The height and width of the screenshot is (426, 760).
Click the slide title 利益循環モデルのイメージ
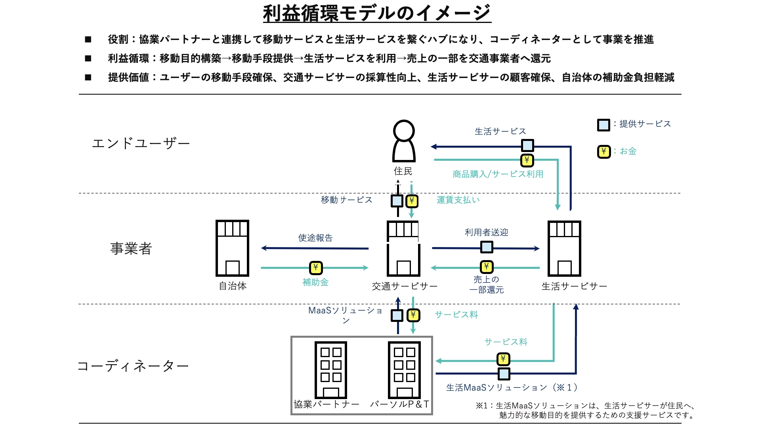tap(377, 13)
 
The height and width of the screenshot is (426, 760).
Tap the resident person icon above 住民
tap(403, 141)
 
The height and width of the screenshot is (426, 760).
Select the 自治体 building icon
tap(232, 248)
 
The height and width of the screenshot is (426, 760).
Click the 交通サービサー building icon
tap(403, 248)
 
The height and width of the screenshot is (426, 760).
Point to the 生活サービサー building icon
tap(564, 248)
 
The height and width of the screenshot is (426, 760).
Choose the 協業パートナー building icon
tap(330, 370)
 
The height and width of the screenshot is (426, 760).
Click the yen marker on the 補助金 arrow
tap(315, 268)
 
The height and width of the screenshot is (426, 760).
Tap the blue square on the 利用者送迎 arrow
tap(487, 247)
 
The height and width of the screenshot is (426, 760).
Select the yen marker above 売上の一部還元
tap(487, 267)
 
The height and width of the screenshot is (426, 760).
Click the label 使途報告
tap(315, 238)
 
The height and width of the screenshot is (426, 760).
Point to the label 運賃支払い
tap(458, 200)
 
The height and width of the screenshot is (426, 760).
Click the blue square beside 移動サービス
tap(397, 201)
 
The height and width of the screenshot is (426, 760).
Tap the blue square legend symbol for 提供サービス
tap(603, 125)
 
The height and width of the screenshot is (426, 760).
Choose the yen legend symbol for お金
tap(603, 152)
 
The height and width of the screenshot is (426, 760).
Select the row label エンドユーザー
tap(141, 143)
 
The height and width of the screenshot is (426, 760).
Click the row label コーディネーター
tap(133, 366)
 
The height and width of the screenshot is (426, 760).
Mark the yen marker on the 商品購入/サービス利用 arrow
tap(527, 160)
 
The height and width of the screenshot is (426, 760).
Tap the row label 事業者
tap(131, 249)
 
